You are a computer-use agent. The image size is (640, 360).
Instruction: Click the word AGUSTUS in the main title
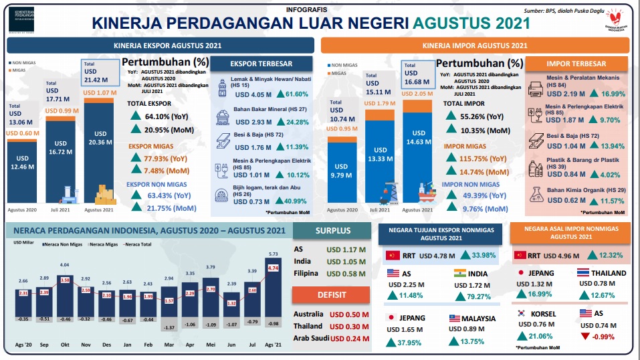[451, 23]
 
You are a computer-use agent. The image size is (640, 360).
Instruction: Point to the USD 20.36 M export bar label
[99, 138]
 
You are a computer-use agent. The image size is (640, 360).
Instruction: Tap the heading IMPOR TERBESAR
[576, 64]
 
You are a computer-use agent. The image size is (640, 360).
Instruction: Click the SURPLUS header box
[333, 231]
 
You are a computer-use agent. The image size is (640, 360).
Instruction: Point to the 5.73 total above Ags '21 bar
[273, 254]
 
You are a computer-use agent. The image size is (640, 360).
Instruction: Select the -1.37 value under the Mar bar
[169, 327]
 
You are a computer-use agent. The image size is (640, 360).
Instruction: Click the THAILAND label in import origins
[607, 273]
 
